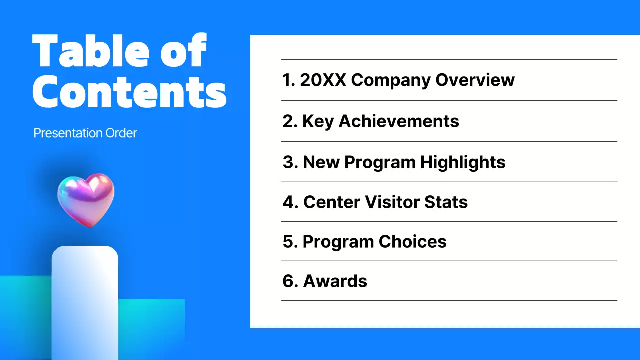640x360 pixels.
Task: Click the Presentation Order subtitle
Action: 85,133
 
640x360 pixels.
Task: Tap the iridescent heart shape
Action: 85,199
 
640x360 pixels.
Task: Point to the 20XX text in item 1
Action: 323,80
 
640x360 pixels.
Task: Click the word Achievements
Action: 399,121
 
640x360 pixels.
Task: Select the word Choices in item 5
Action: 412,242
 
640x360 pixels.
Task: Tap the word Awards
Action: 335,281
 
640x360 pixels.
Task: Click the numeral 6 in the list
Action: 288,281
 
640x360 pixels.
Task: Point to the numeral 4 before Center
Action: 289,202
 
